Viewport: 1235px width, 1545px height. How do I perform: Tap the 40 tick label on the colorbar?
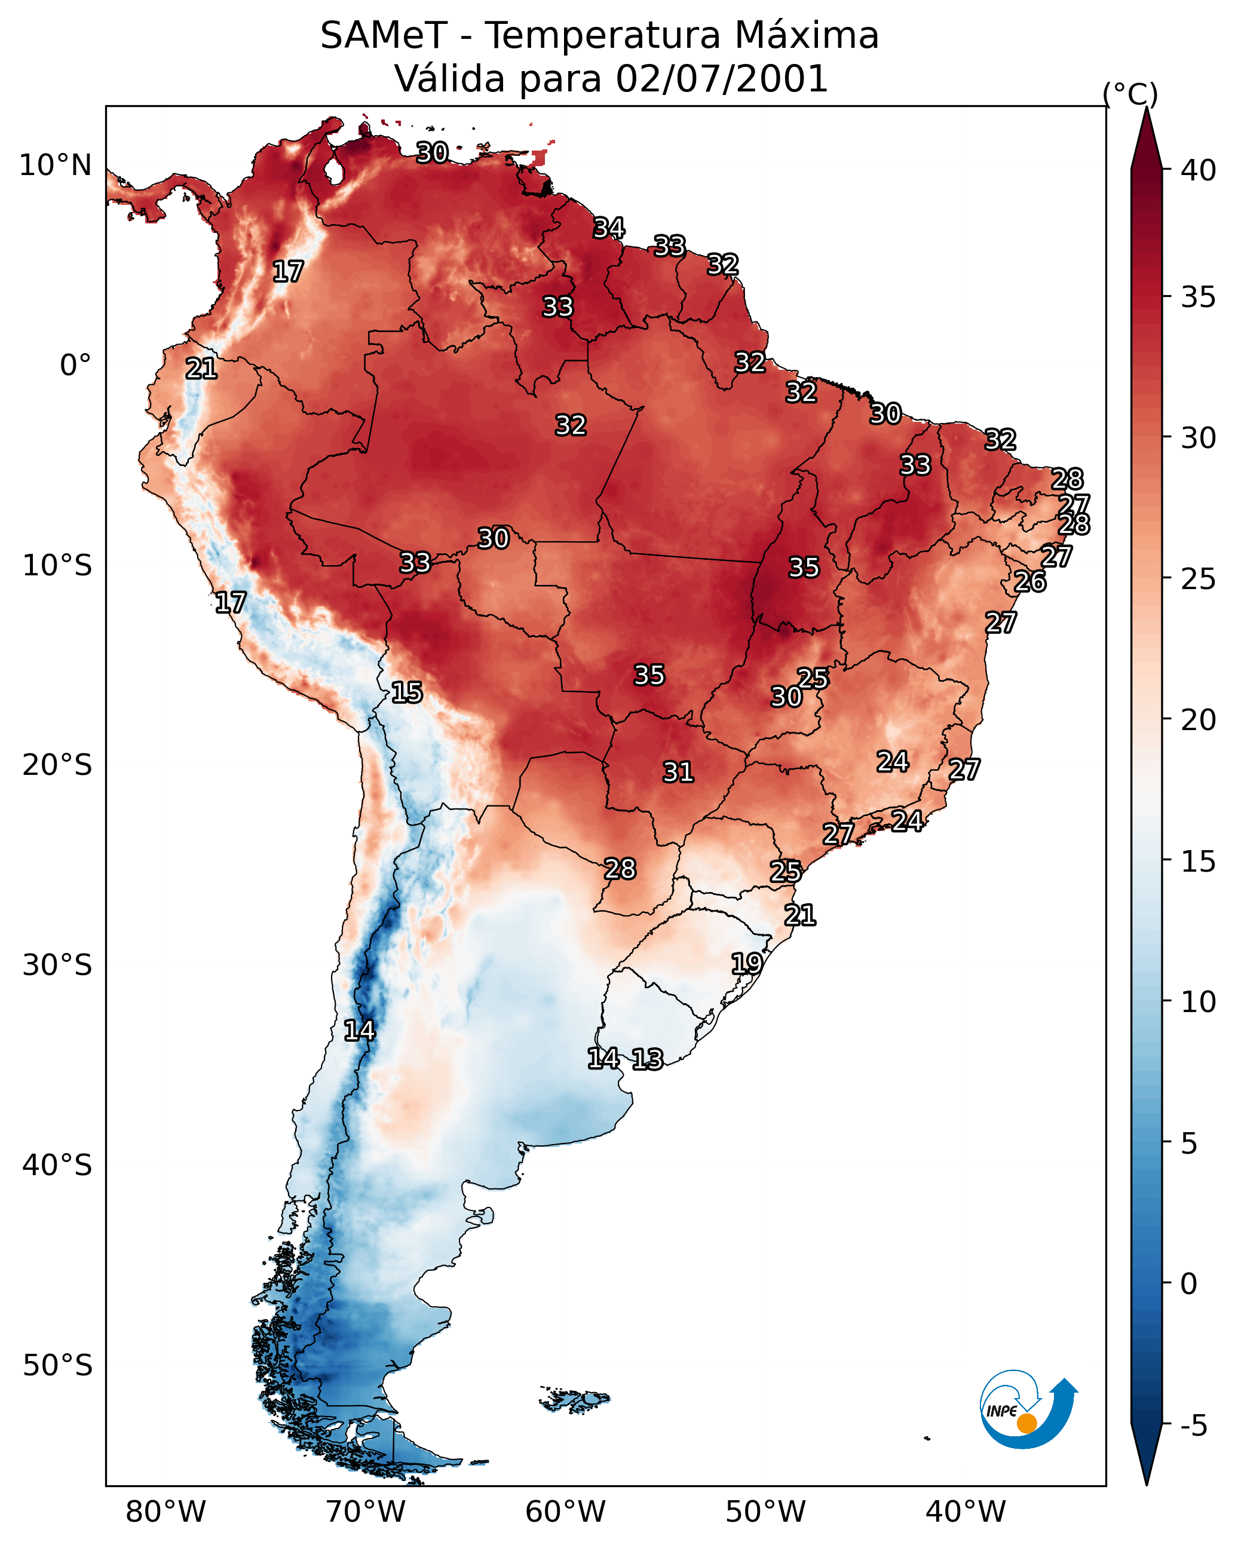point(1199,170)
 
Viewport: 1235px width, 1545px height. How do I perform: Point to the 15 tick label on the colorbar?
point(1199,862)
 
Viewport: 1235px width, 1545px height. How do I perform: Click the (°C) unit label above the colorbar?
point(1130,94)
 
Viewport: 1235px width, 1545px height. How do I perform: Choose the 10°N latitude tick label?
point(55,165)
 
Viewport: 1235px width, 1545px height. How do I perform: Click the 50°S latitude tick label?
point(57,1366)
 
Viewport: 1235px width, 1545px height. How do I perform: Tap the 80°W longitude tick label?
point(166,1512)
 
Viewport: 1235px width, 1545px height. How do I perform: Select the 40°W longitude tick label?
point(966,1512)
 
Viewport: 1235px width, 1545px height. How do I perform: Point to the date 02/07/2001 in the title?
point(722,79)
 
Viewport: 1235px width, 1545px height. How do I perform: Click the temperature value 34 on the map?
point(609,228)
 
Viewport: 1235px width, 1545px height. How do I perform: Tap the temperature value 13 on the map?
point(647,1059)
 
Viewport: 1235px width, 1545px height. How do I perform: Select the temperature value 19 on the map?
point(747,963)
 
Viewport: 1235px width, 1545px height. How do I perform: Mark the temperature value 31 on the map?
point(678,772)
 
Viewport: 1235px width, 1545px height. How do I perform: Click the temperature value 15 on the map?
point(407,692)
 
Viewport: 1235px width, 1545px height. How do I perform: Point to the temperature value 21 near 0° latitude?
point(201,369)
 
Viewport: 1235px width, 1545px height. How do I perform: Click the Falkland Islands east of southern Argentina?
point(575,1400)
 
